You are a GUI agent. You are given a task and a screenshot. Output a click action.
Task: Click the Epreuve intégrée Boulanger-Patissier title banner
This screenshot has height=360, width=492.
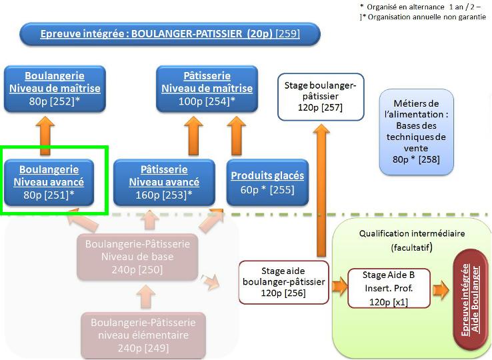tap(170, 34)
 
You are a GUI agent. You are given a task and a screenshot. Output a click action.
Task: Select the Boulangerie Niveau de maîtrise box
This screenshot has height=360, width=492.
tap(54, 88)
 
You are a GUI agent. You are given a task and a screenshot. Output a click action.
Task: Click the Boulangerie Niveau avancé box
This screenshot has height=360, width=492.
tap(54, 181)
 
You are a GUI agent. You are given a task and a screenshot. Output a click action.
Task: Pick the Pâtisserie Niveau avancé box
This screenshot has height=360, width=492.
tap(164, 181)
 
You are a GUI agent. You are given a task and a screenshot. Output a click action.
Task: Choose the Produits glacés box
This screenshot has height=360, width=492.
tap(267, 182)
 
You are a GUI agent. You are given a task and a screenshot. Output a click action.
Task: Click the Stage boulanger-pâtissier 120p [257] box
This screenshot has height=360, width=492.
tap(321, 97)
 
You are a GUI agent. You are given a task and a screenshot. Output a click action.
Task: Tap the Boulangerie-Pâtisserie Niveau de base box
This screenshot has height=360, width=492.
tap(137, 257)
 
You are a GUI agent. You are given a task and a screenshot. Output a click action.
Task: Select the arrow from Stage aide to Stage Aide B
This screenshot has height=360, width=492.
tap(339, 287)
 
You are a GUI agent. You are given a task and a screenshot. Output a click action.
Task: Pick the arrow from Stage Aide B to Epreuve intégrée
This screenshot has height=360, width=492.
tap(440, 290)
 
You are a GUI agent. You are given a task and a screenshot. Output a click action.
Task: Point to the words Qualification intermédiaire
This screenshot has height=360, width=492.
tap(411, 234)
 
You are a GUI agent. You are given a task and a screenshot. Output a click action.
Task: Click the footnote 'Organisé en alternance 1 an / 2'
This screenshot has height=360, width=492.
tap(422, 6)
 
